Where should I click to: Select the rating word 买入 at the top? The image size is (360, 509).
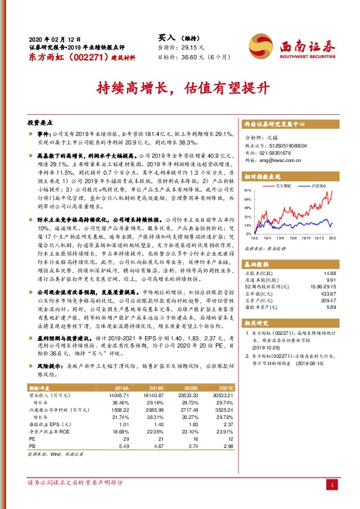(166, 37)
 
